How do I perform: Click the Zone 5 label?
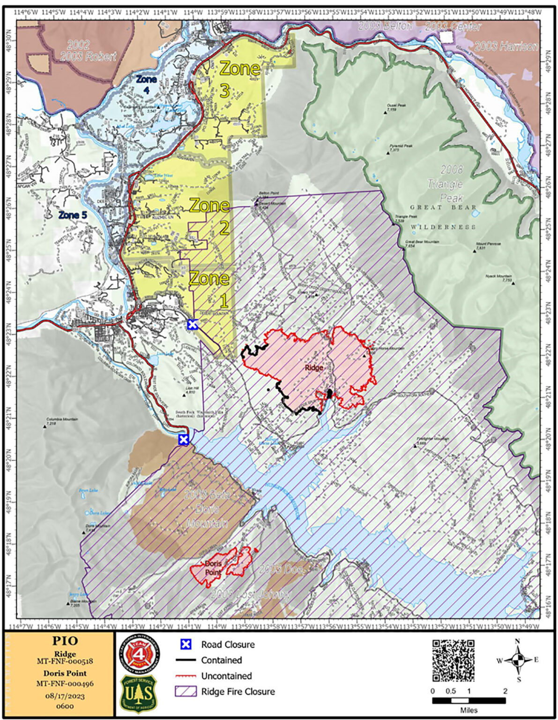73,215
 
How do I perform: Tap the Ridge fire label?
314,367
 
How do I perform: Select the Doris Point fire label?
213,568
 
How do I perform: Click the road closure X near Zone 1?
192,324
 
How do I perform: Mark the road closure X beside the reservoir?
184,440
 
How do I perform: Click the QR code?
453,660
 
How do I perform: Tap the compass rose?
517,660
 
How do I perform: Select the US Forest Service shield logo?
139,693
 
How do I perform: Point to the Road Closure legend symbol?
186,644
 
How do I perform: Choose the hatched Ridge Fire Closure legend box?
186,691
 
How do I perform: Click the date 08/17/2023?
65,696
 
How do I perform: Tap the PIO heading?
65,641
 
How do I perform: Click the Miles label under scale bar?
469,710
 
